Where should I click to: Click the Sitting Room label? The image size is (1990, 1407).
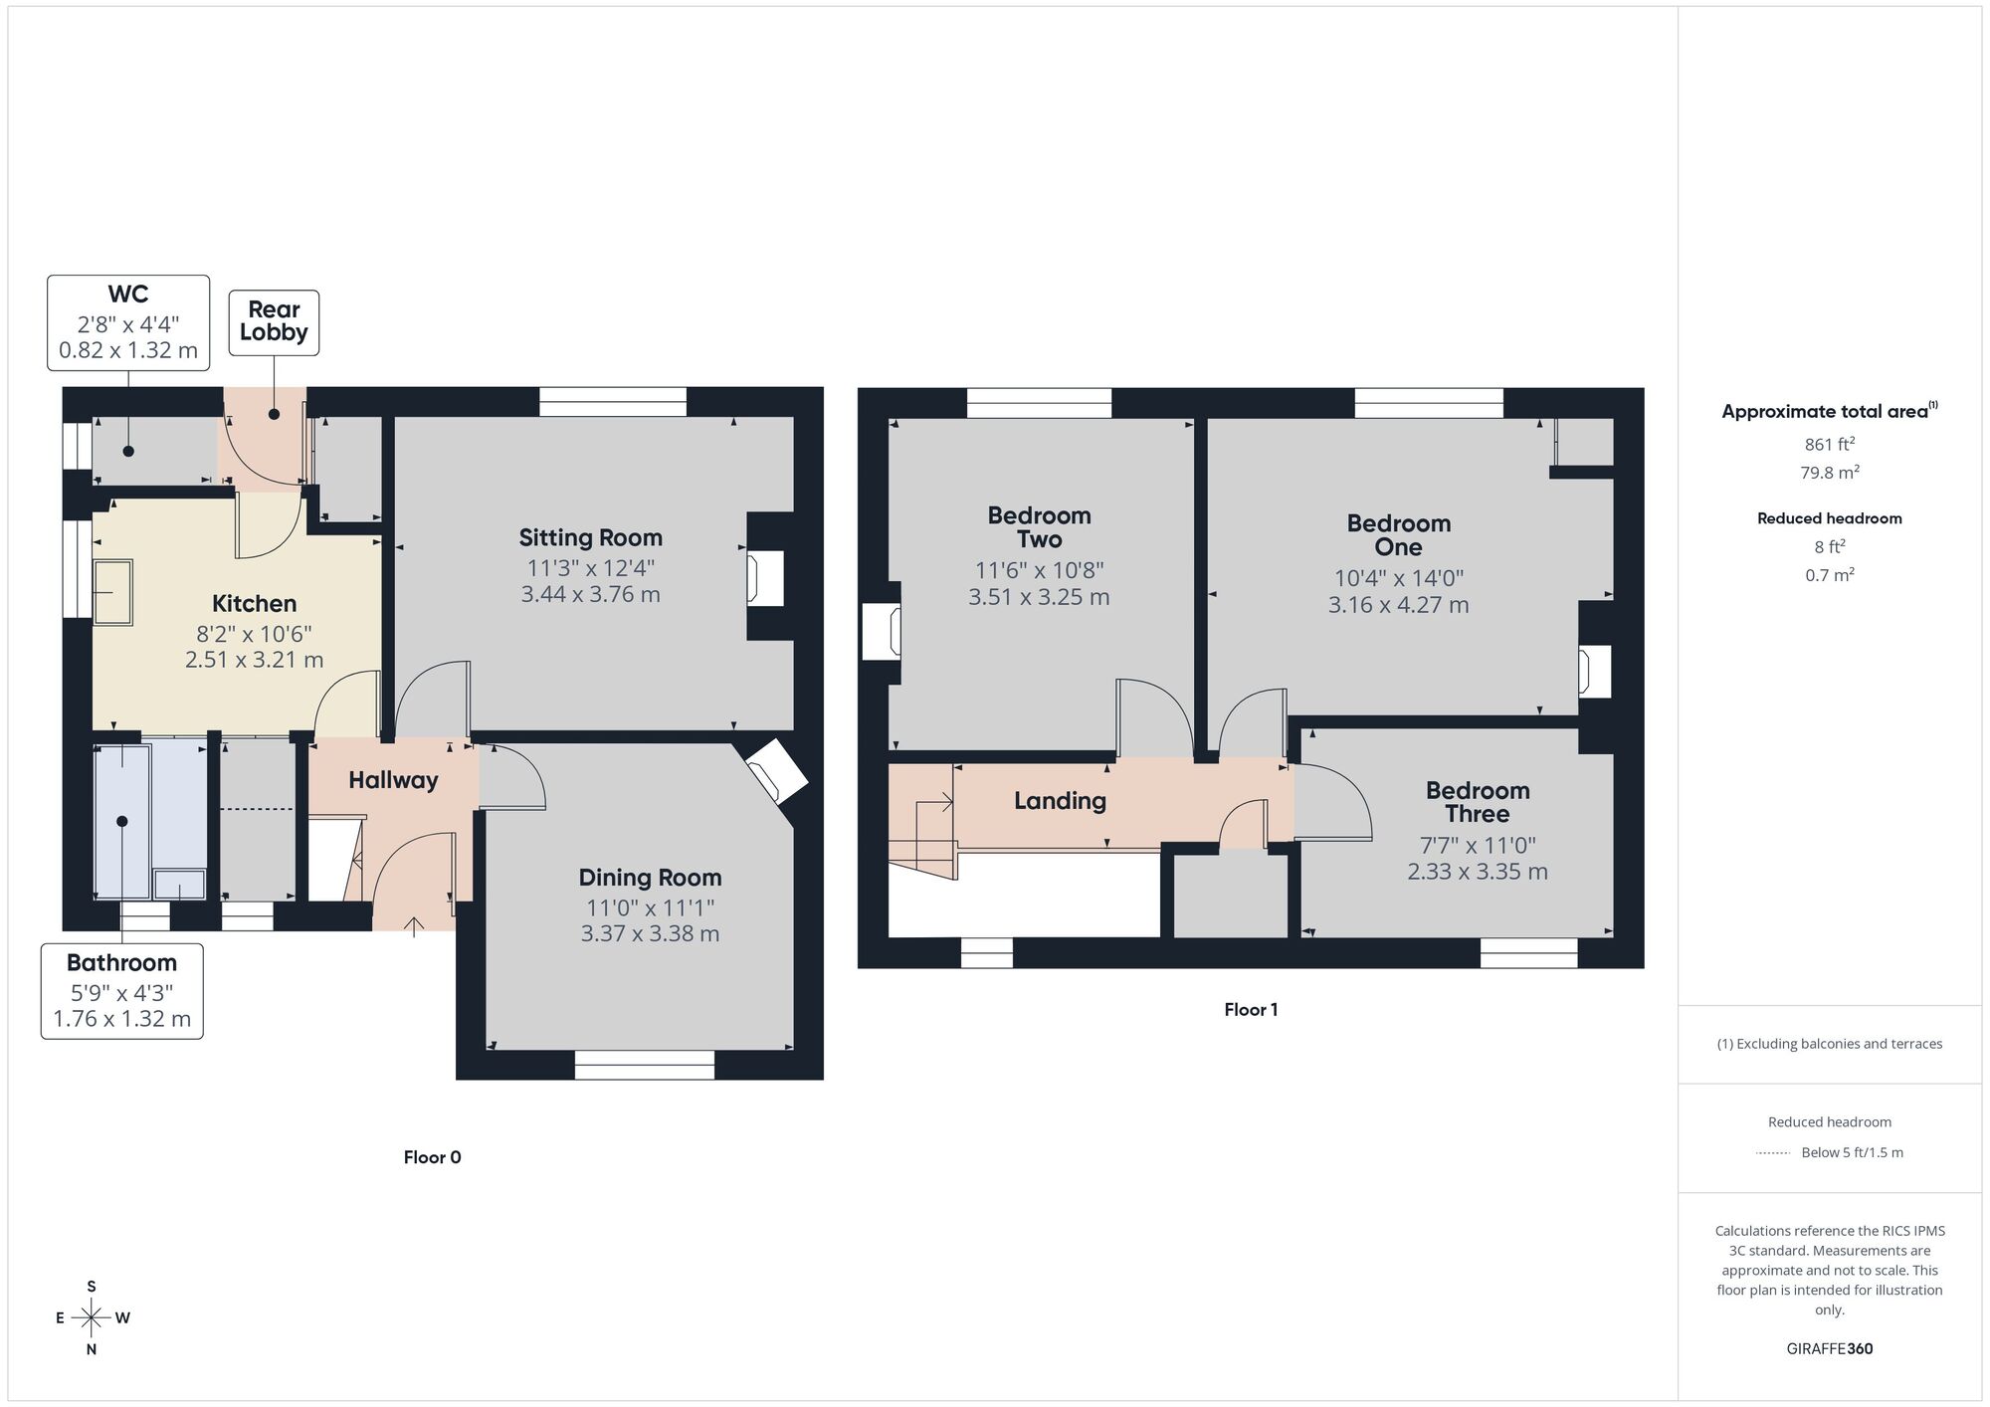tap(590, 538)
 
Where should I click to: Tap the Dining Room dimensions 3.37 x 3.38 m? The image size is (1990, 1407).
tap(650, 933)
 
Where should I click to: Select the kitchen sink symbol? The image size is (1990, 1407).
tap(113, 592)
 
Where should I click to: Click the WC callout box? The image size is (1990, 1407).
tap(128, 322)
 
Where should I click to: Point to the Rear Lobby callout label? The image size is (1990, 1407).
tap(274, 321)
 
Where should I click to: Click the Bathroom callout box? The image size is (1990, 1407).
tap(122, 991)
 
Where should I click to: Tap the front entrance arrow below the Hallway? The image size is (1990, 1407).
tap(414, 926)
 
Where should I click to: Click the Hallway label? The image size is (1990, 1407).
tap(393, 780)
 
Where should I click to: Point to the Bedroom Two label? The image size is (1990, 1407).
tap(1039, 527)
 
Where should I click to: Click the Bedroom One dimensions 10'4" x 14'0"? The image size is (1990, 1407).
tap(1398, 578)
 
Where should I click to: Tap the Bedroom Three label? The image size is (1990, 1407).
tap(1478, 802)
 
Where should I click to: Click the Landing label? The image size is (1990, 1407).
tap(1060, 801)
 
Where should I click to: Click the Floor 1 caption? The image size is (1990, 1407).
tap(1251, 1010)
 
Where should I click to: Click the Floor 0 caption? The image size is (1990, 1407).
tap(432, 1157)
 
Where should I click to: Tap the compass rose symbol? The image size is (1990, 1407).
tap(92, 1318)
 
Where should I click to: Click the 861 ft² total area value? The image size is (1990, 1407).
tap(1829, 445)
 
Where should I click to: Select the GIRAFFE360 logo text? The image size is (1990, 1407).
tap(1829, 1349)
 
